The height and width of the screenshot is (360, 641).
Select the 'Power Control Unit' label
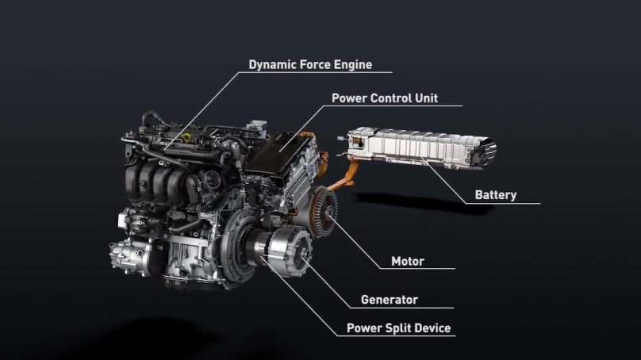point(384,99)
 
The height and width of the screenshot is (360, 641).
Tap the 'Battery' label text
point(495,194)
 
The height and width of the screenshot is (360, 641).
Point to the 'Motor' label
point(408,261)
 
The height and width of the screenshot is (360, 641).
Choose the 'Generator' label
point(389,300)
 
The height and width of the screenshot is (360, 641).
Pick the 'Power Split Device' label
point(398,327)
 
